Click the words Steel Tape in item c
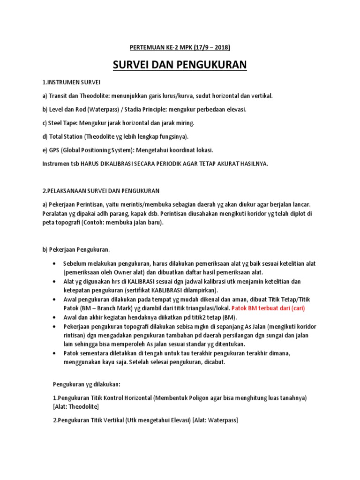click(64, 123)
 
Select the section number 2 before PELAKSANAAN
click(44, 191)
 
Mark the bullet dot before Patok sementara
click(56, 352)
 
